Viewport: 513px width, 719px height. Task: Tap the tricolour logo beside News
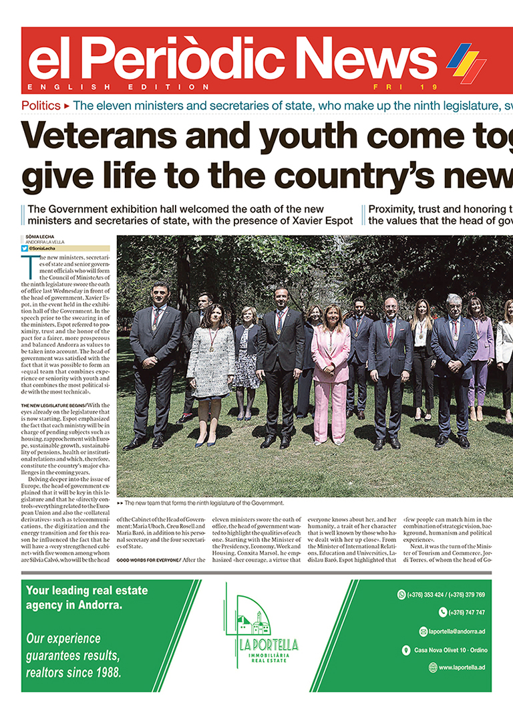(466, 62)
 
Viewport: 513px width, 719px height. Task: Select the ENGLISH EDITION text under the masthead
(119, 87)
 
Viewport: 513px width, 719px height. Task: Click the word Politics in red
(41, 106)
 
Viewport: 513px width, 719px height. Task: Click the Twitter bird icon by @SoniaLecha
(25, 248)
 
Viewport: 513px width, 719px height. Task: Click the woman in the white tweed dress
(210, 364)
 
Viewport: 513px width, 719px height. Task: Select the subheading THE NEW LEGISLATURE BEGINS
(53, 405)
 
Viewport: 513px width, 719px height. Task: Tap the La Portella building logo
(254, 621)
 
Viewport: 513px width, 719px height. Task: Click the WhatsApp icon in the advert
(401, 594)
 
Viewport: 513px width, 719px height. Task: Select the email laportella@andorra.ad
(456, 631)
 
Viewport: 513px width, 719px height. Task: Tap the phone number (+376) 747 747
(468, 612)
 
